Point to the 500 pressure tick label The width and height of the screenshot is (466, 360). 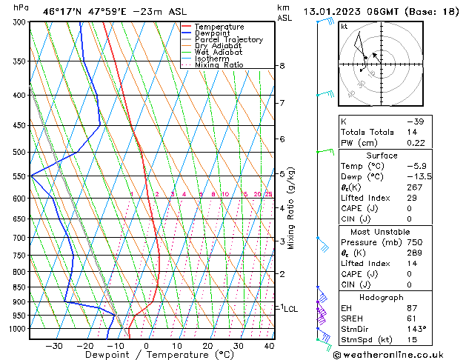(19, 153)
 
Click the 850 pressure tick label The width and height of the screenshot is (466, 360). (19, 287)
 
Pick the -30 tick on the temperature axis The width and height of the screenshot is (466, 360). (54, 346)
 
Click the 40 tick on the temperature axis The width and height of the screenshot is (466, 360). (269, 346)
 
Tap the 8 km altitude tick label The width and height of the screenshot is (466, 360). (282, 66)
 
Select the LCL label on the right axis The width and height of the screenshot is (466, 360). (290, 309)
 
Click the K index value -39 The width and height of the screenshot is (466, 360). (416, 121)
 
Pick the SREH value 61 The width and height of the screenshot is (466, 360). (413, 319)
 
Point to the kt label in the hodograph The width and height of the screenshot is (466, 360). (344, 27)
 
